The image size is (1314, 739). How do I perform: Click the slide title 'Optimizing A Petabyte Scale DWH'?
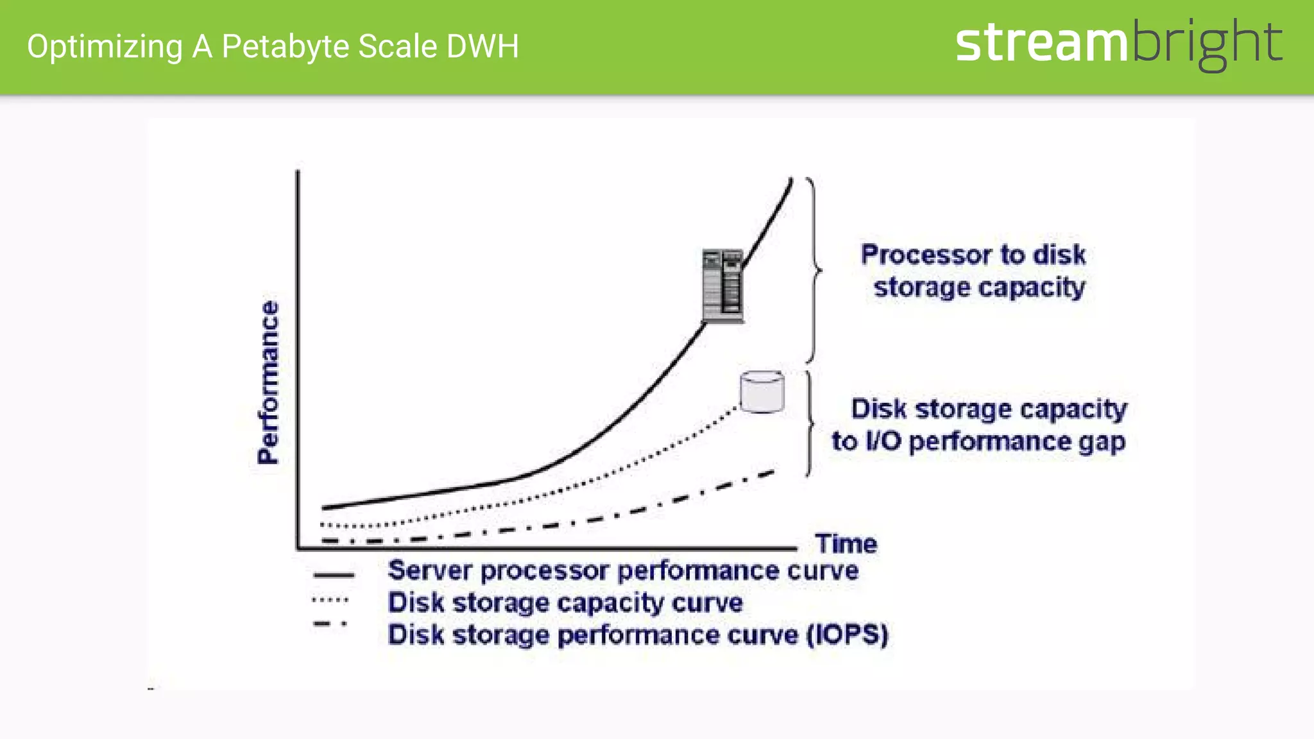click(273, 47)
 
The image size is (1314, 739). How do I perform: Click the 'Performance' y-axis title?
click(269, 382)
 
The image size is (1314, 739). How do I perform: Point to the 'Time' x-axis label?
click(846, 544)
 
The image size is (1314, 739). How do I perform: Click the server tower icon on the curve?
click(722, 285)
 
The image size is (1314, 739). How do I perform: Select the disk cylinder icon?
click(762, 392)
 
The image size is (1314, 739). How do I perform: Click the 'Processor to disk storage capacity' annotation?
click(973, 271)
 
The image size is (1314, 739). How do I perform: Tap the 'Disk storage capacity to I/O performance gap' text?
click(980, 425)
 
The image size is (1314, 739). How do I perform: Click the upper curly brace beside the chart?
click(814, 270)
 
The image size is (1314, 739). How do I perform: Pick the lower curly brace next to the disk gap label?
click(809, 423)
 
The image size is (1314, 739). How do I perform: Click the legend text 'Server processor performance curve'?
click(622, 570)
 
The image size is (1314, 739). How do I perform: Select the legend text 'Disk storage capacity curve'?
click(565, 602)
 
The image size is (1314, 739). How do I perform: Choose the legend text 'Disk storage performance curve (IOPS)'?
click(637, 635)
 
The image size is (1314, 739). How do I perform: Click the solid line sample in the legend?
click(333, 575)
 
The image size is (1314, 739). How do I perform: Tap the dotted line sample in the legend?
click(330, 600)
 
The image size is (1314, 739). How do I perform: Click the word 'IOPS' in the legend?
click(848, 635)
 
